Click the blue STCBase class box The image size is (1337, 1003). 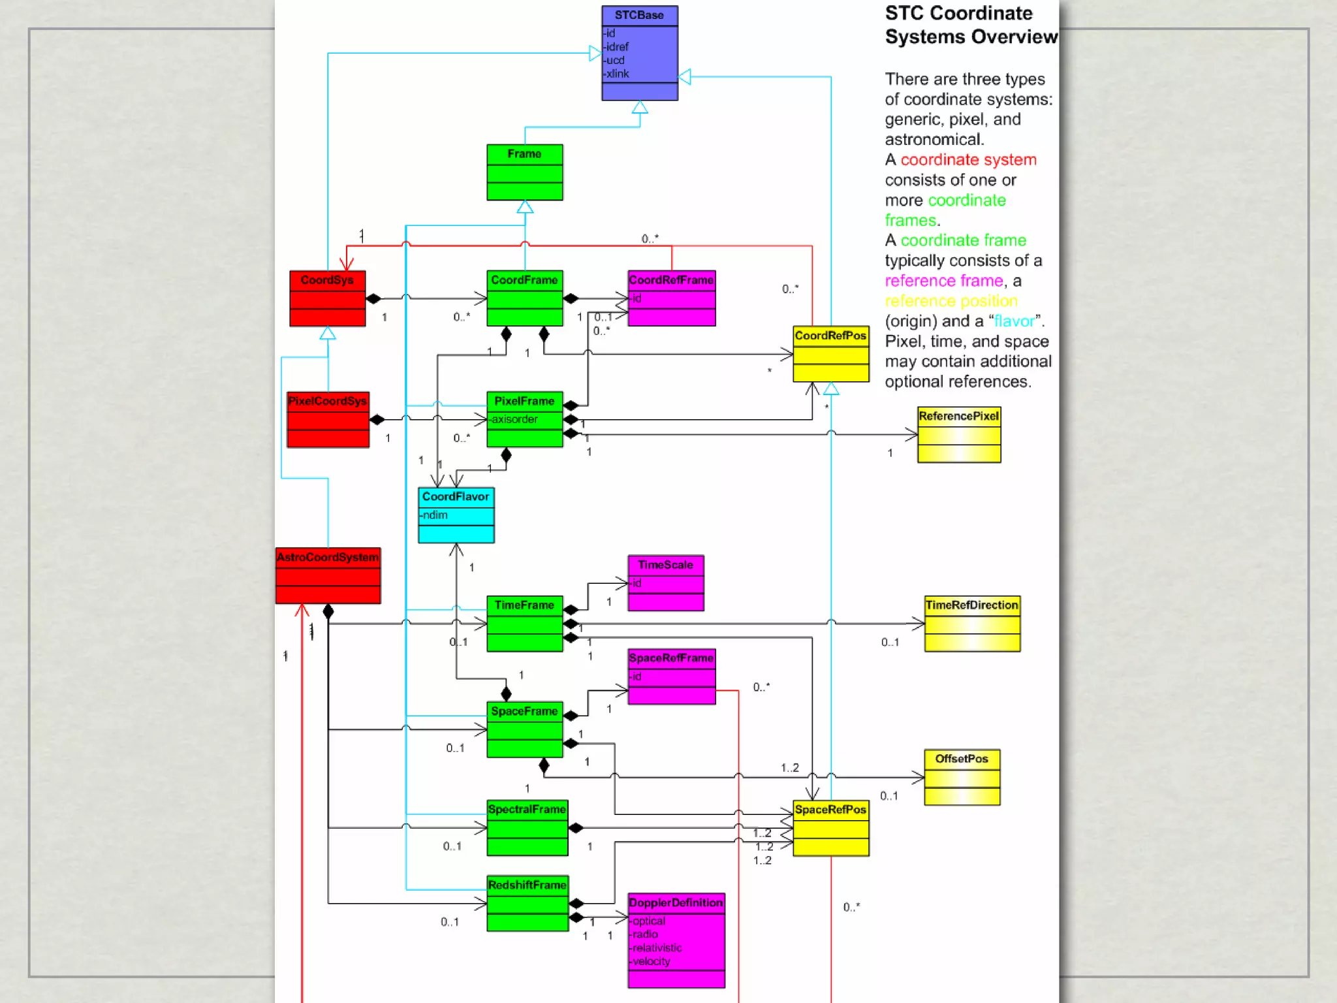click(639, 53)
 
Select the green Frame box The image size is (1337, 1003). click(524, 172)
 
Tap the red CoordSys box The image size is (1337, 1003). click(327, 298)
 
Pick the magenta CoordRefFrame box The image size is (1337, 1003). click(671, 298)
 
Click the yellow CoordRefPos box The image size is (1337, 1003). click(830, 353)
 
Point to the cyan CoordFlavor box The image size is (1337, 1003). click(456, 515)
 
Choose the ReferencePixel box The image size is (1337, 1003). click(958, 434)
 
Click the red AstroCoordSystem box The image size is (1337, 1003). click(328, 575)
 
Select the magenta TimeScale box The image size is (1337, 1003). click(665, 582)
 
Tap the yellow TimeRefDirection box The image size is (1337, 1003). click(971, 623)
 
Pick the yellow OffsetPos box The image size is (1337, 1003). click(962, 776)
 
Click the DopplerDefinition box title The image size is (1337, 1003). click(676, 902)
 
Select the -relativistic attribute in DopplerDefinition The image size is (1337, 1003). click(657, 947)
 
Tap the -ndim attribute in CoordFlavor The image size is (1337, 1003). click(434, 515)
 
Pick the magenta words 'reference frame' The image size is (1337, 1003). click(943, 281)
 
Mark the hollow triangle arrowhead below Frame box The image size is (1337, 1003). click(525, 207)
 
